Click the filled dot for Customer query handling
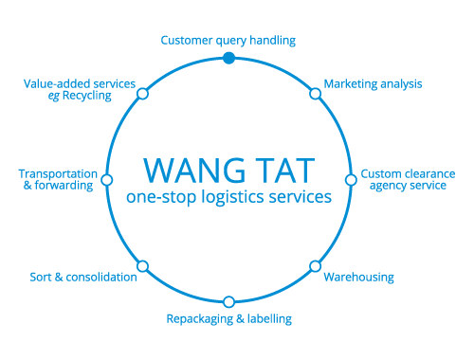click(x=228, y=58)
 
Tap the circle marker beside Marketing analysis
click(x=315, y=93)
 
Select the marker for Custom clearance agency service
click(x=351, y=179)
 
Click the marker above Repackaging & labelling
click(x=228, y=301)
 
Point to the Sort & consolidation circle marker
click(x=142, y=266)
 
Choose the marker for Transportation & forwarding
click(x=106, y=179)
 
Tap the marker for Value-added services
click(x=142, y=93)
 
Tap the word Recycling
click(x=87, y=96)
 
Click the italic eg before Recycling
click(x=54, y=97)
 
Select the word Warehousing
click(x=358, y=278)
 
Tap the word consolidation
click(x=101, y=278)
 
